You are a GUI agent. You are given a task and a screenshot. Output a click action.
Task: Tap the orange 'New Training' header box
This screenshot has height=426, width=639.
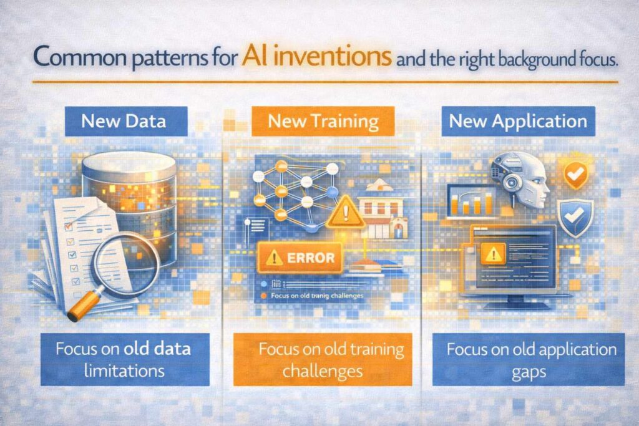tap(324, 121)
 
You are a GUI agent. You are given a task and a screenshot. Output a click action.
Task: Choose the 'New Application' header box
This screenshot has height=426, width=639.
tap(517, 120)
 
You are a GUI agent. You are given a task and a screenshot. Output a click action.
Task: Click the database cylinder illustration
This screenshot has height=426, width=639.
tap(129, 187)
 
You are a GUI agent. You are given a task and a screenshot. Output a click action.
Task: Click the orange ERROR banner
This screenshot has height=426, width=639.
tap(299, 257)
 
